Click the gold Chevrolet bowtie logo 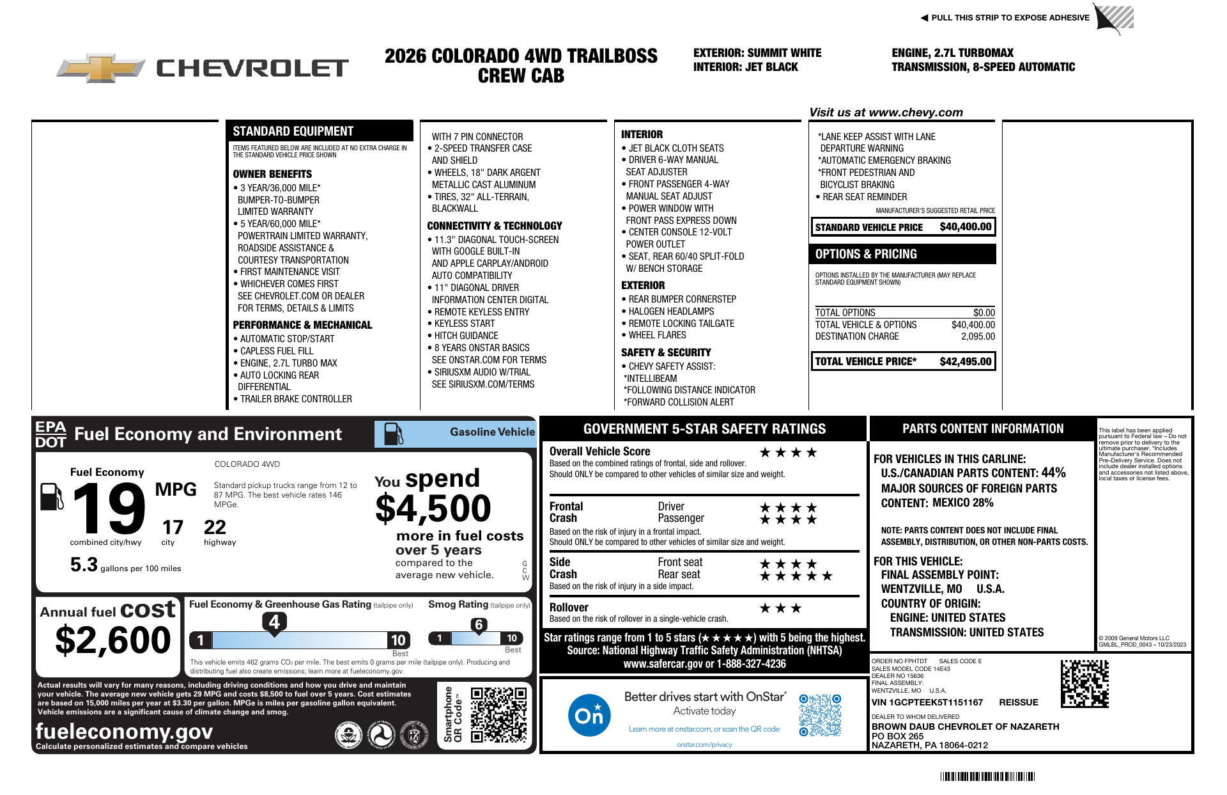point(101,68)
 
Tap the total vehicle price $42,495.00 point(965,361)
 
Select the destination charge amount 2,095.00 point(978,336)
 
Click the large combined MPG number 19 point(109,508)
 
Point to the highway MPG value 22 point(215,528)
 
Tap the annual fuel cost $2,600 point(113,640)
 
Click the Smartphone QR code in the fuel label point(498,714)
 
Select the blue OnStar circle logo point(589,715)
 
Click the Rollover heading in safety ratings point(569,608)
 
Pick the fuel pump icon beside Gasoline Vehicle point(393,434)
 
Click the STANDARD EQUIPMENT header point(293,131)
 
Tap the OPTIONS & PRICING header point(866,254)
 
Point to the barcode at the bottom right point(987,776)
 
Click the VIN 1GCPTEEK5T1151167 point(927,702)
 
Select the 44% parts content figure point(1053,473)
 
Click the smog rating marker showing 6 point(479,625)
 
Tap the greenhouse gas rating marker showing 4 point(274,622)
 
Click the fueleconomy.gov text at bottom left point(124,731)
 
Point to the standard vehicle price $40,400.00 point(965,226)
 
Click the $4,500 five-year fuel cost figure point(433,508)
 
